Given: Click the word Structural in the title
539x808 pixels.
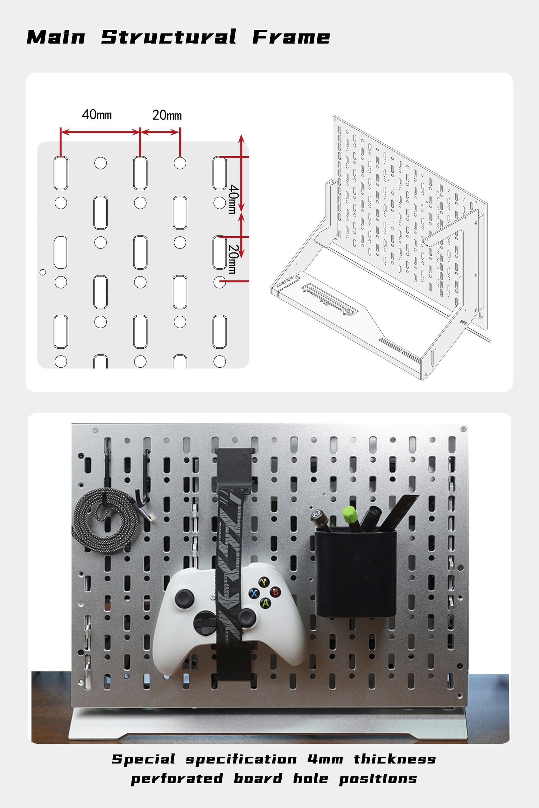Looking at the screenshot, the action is click(x=169, y=37).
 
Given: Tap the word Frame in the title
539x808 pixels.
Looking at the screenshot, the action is click(x=291, y=37).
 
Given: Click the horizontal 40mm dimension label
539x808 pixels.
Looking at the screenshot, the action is click(x=97, y=115).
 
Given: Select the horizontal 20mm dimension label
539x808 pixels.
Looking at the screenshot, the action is click(x=167, y=115).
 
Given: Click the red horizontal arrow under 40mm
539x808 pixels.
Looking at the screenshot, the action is click(x=100, y=132).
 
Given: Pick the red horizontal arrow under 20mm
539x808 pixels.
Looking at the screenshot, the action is click(x=160, y=132).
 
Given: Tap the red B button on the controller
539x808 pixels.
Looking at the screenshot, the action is click(x=276, y=592).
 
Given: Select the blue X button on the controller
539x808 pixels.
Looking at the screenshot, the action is click(x=254, y=593).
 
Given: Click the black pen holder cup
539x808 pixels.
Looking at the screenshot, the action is click(x=356, y=572).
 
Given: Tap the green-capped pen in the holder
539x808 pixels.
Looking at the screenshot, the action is click(x=350, y=519).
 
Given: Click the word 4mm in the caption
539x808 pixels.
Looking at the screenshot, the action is click(x=325, y=760).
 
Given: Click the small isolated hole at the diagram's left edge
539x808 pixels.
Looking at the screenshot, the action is click(x=43, y=272).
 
